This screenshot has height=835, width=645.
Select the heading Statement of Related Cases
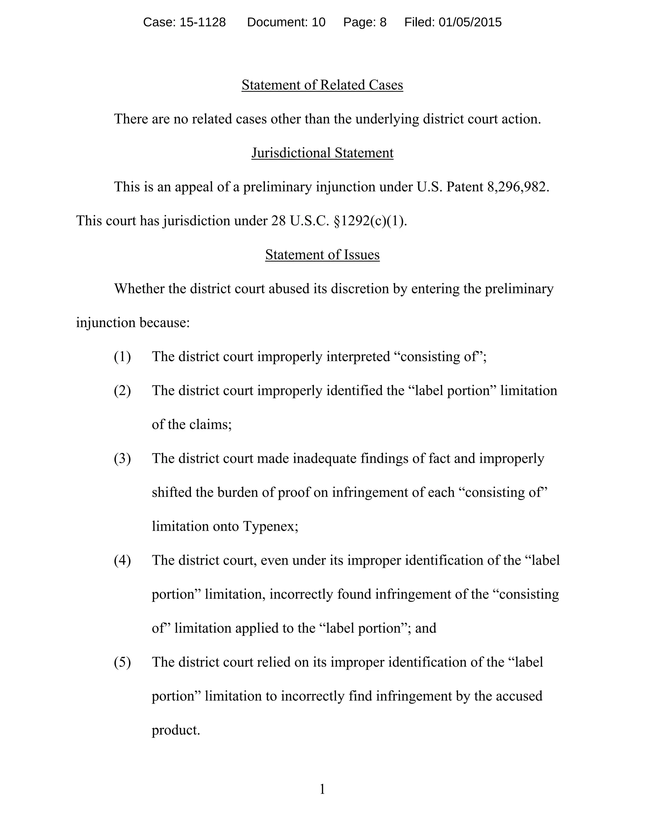tap(322, 85)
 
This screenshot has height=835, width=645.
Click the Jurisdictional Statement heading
tap(322, 153)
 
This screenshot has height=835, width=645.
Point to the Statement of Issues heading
tap(322, 255)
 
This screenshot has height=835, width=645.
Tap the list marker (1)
tap(122, 357)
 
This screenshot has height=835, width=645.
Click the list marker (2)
tap(122, 391)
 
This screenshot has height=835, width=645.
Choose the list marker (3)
tap(122, 459)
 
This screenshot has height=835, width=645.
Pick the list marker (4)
tap(122, 561)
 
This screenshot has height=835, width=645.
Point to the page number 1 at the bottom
tap(322, 789)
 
